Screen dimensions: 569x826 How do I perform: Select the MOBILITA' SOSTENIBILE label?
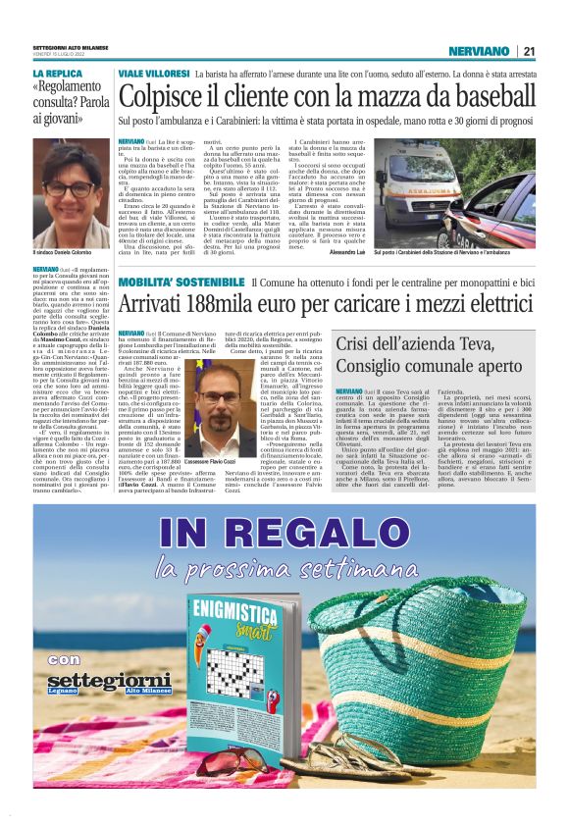181,284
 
